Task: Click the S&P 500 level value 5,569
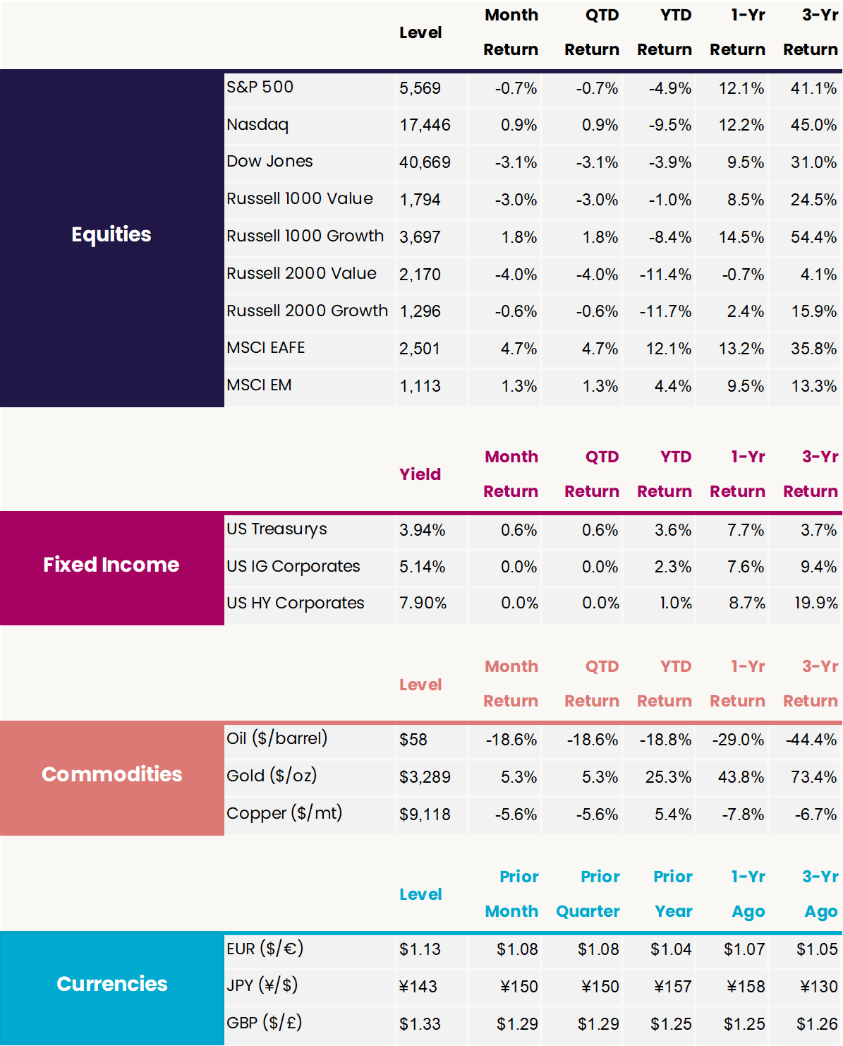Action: click(420, 88)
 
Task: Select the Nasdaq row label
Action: click(257, 125)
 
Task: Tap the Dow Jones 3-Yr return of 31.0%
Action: click(813, 162)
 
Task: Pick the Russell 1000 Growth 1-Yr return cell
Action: click(741, 237)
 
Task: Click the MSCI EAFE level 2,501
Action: click(420, 349)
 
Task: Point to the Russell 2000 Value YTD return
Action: click(665, 275)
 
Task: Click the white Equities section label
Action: click(111, 234)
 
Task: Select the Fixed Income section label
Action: click(111, 565)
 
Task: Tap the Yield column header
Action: click(420, 474)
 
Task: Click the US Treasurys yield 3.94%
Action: click(422, 530)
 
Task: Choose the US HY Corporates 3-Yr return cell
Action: click(816, 603)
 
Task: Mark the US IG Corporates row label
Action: click(293, 566)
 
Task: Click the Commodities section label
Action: click(111, 774)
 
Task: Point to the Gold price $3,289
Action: click(425, 777)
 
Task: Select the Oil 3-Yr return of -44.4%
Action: click(811, 740)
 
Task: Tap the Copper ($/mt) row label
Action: click(284, 813)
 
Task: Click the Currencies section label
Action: click(111, 984)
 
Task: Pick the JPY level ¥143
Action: click(418, 987)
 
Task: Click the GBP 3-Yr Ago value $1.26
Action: click(817, 1024)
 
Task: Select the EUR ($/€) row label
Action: click(265, 949)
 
